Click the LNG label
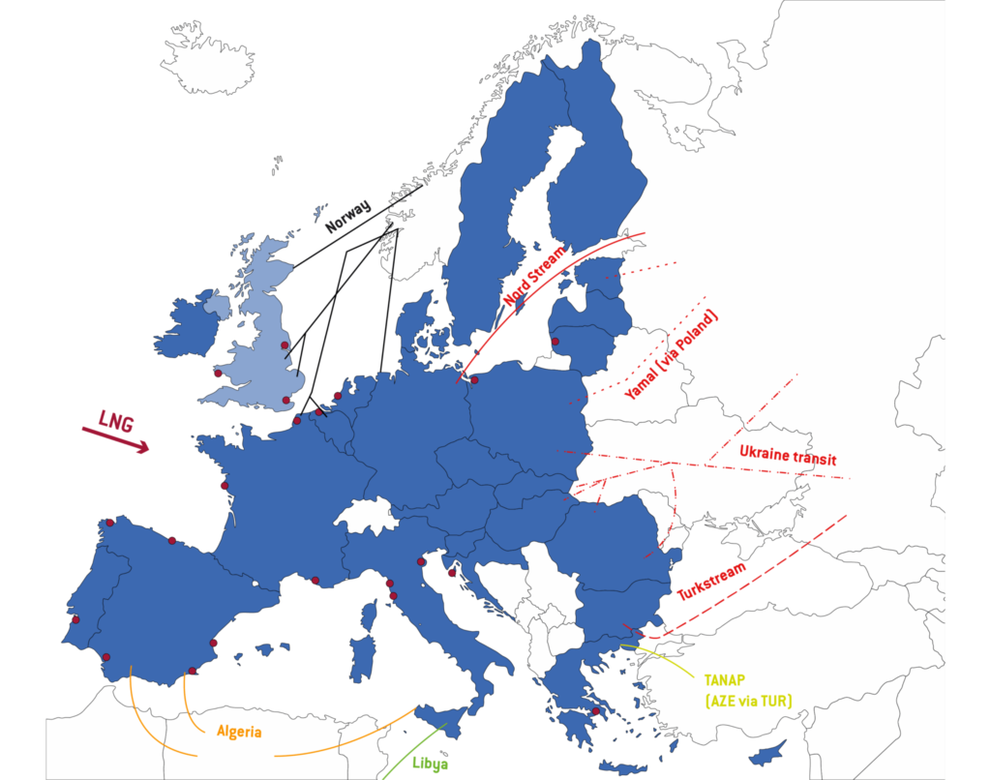(x=115, y=420)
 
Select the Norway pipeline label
(x=348, y=216)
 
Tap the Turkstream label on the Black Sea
(x=711, y=582)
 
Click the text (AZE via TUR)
(x=749, y=700)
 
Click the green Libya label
(x=430, y=763)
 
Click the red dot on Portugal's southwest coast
(x=75, y=618)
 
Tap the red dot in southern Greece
(x=595, y=711)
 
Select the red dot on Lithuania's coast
(x=556, y=341)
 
